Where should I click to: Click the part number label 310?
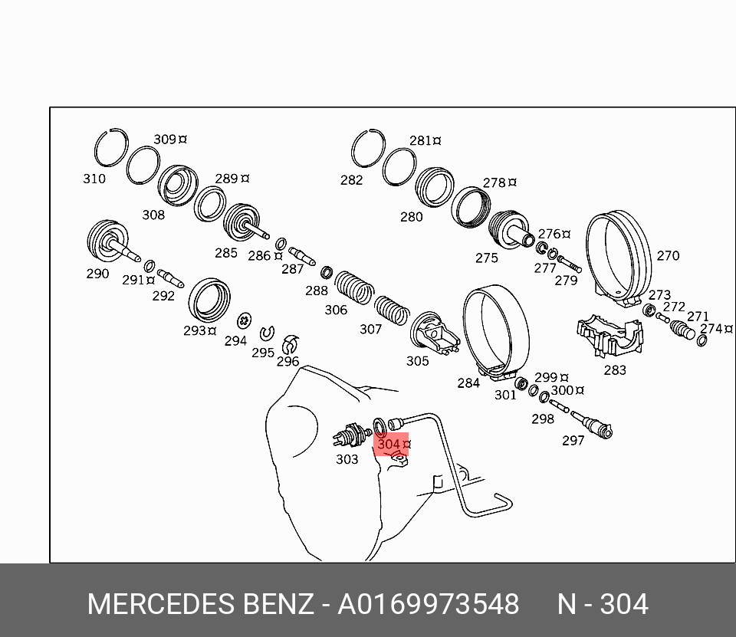(94, 179)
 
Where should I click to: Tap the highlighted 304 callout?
(391, 444)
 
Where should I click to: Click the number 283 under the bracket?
(614, 369)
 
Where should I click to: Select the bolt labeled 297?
(593, 423)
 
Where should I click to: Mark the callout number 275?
(486, 258)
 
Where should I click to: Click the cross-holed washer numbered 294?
(245, 319)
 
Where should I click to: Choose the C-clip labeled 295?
(268, 333)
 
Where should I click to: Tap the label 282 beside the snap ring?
(351, 180)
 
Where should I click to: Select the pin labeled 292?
(169, 277)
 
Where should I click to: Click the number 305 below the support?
(417, 361)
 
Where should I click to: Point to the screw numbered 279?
(570, 264)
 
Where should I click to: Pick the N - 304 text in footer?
(602, 604)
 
